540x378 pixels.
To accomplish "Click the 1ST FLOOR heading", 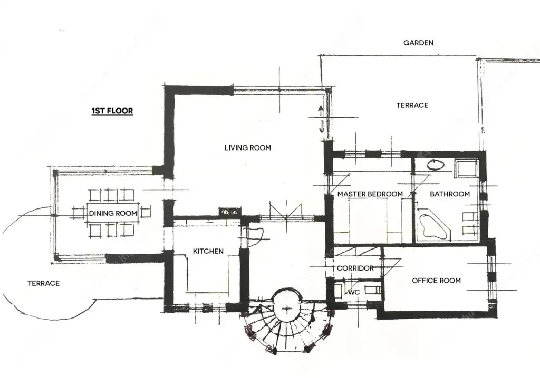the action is (112, 111).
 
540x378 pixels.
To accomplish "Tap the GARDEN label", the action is (418, 43).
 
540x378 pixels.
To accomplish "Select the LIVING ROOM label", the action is (248, 148).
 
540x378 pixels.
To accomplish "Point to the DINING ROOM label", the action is (113, 213).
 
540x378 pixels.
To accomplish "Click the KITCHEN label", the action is (208, 252).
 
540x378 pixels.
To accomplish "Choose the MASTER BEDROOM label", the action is (370, 194).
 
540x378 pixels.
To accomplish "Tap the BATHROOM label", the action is (450, 194).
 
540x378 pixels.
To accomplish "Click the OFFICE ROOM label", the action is (436, 281).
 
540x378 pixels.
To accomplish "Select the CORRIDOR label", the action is (355, 268).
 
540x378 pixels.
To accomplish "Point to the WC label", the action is (354, 292).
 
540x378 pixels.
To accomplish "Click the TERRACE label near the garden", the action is (412, 105).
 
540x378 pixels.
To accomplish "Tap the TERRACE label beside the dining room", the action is (43, 283).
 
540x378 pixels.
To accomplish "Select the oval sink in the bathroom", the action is (436, 165).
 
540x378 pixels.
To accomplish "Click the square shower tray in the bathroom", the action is (466, 168).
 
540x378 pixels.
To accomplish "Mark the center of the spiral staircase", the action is (287, 308).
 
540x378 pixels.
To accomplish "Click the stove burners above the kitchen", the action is (230, 212).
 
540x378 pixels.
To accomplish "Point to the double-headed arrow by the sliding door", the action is (321, 119).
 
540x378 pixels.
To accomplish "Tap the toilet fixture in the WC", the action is (373, 290).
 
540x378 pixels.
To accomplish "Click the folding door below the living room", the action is (286, 211).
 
